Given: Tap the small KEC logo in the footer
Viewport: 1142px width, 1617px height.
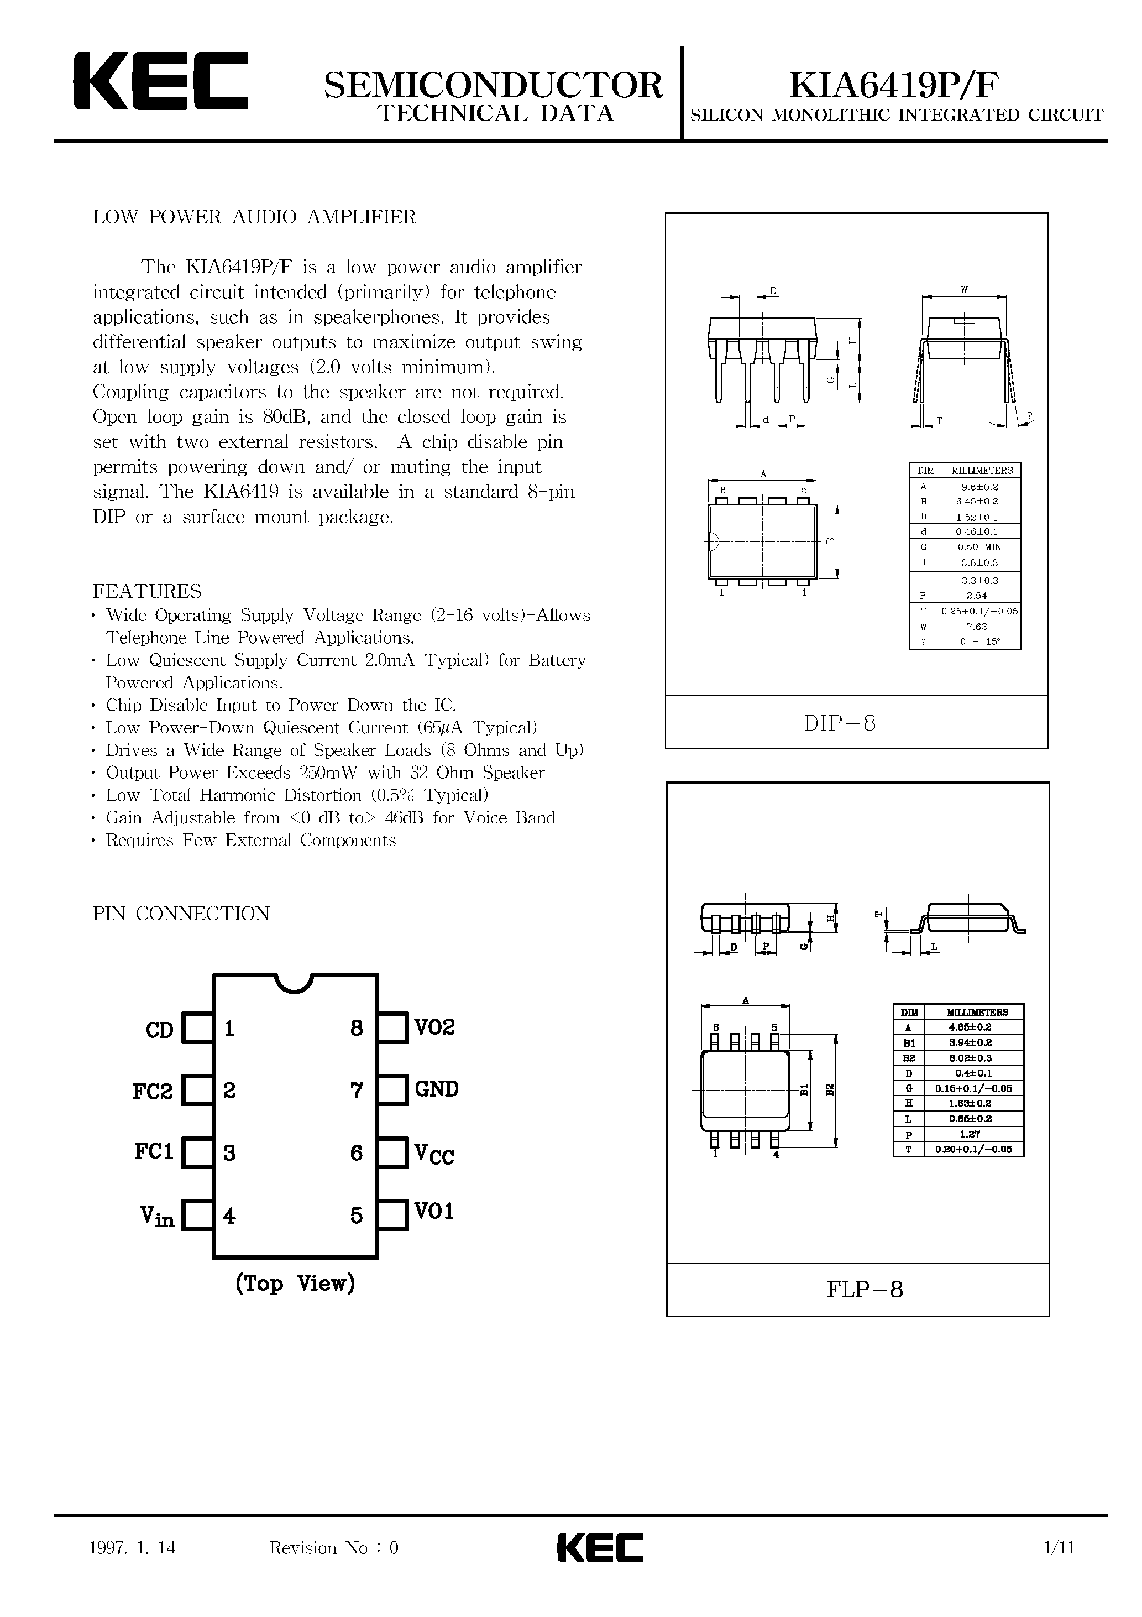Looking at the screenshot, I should click(x=600, y=1547).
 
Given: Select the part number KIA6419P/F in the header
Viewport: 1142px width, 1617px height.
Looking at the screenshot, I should click(x=893, y=85).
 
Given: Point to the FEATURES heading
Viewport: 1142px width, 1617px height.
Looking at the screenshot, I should click(x=146, y=590).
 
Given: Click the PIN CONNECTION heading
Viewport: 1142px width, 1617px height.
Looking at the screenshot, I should click(x=181, y=914).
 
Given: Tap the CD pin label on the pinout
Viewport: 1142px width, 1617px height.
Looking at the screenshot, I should click(x=159, y=1030).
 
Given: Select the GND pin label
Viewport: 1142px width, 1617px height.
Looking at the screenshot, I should click(x=437, y=1089).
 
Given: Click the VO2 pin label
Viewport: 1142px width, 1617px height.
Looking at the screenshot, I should click(x=434, y=1027).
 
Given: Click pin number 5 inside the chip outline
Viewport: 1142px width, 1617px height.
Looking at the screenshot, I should click(x=357, y=1216).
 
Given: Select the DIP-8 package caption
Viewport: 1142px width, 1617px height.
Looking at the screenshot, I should click(x=840, y=723).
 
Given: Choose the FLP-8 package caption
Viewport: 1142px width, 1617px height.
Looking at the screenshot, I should click(x=865, y=1290).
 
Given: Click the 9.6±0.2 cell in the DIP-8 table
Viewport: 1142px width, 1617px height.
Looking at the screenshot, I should click(x=979, y=486).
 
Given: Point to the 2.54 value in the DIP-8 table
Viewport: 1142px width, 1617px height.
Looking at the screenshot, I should click(x=979, y=596).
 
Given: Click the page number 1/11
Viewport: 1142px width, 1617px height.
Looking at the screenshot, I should click(x=1060, y=1547).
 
